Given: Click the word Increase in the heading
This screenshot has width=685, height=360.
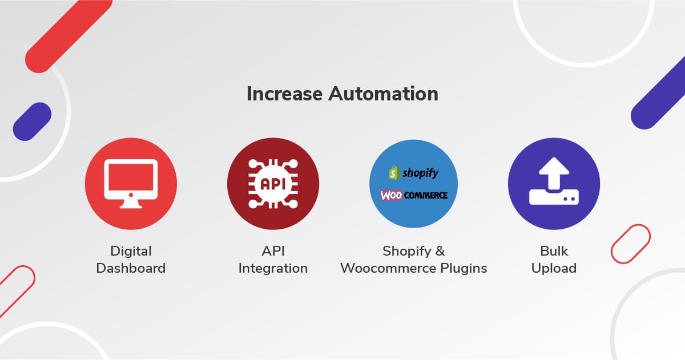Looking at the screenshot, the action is [284, 94].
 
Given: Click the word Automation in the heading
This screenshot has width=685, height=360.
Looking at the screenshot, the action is [383, 94].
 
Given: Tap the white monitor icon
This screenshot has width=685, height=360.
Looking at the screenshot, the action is [131, 184].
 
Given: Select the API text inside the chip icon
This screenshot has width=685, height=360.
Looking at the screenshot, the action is [273, 184].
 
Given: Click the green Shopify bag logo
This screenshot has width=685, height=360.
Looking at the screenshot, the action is [394, 173].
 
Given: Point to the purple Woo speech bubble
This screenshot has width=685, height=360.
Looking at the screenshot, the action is [391, 195].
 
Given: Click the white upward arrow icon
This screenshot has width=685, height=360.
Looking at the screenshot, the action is [554, 173].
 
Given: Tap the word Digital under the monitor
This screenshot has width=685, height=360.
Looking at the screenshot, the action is [131, 252].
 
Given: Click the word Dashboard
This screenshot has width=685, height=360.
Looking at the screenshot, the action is [131, 268].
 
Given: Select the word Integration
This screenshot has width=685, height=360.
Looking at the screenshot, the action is [273, 269].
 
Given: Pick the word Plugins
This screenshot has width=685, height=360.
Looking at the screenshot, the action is [464, 269].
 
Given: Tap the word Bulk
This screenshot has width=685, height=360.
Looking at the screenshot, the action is [554, 251].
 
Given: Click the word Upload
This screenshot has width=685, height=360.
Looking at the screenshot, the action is [554, 269].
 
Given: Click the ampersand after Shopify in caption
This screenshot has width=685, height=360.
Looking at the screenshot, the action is [440, 251].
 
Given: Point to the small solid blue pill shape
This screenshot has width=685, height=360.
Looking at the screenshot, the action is [32, 122].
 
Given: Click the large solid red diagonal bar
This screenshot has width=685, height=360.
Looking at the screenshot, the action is [69, 36].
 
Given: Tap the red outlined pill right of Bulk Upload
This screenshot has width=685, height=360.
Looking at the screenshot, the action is [631, 244].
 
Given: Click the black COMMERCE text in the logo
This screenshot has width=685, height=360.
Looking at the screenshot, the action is [426, 195].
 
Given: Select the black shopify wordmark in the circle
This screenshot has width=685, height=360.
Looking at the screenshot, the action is [421, 173].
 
